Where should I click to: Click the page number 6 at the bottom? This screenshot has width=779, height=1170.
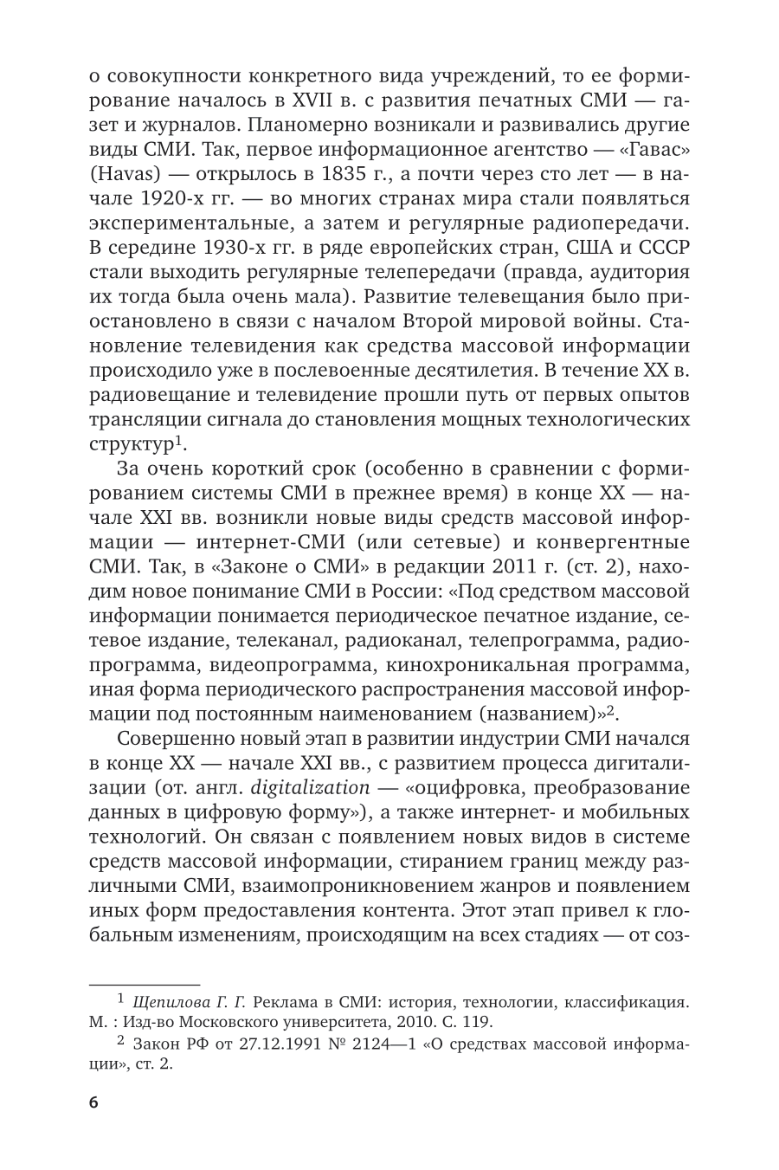pos(93,1102)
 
